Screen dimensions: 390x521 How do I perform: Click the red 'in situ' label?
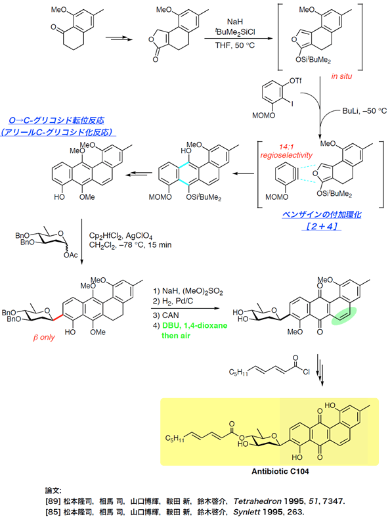[x=341, y=76]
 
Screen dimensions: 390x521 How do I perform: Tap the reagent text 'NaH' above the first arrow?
[x=235, y=22]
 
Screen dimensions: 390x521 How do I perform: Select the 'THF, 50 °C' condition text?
[x=235, y=45]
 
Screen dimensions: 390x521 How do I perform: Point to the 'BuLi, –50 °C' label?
[x=364, y=111]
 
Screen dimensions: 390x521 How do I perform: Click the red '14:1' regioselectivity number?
[x=286, y=147]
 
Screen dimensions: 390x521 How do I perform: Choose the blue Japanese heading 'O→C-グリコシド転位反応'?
[x=56, y=120]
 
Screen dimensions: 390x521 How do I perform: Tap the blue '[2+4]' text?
[x=321, y=226]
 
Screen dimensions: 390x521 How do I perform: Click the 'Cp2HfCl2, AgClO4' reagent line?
[x=121, y=236]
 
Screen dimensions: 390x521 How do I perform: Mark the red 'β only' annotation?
[x=44, y=338]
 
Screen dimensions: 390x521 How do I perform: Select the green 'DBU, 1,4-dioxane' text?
[x=195, y=326]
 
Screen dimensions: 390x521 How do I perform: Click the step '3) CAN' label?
[x=166, y=315]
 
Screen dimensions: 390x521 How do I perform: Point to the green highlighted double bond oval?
[x=344, y=315]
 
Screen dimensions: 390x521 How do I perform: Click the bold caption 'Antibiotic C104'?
[x=280, y=471]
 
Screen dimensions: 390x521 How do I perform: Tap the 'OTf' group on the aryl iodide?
[x=295, y=81]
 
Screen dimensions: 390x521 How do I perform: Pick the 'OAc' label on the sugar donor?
[x=71, y=255]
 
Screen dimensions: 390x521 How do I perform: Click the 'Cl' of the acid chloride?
[x=306, y=372]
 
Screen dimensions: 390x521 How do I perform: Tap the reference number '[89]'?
[x=53, y=501]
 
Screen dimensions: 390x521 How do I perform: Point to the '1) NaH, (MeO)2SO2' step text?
[x=188, y=292]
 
